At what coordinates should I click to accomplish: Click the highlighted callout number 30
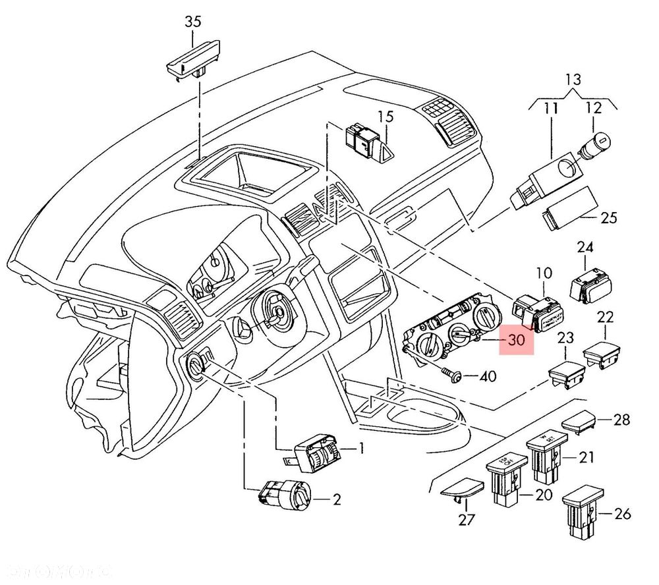pos(517,340)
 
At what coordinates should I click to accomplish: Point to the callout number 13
pos(573,80)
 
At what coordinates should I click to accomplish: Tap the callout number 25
pos(609,217)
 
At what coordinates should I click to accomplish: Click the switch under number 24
pos(589,282)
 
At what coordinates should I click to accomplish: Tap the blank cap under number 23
pos(565,377)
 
